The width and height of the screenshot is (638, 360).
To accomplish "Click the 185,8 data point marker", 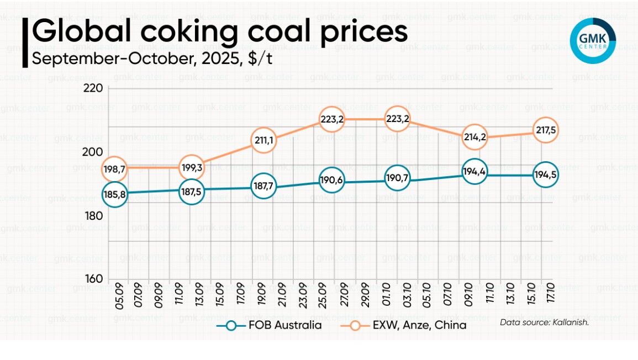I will pyautogui.click(x=114, y=194).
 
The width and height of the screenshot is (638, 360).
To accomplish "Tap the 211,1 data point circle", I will pyautogui.click(x=263, y=140).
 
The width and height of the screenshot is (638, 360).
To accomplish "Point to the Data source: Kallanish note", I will pyautogui.click(x=544, y=321).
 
